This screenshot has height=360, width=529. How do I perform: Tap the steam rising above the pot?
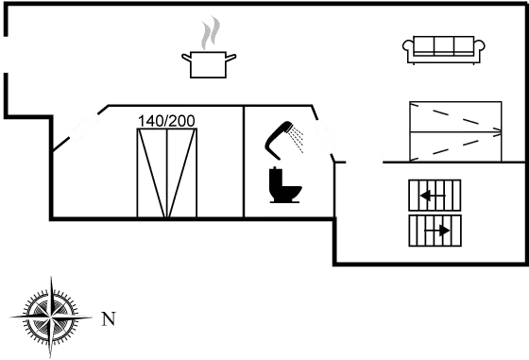tap(211, 32)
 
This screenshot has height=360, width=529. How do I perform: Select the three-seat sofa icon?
tap(444, 50)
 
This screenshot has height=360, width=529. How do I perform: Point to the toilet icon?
tap(284, 185)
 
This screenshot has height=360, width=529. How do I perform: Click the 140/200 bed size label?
tap(166, 121)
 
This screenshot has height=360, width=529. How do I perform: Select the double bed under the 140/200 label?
tap(167, 173)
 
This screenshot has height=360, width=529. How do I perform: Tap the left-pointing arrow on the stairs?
tap(433, 196)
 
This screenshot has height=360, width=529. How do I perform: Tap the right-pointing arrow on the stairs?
tap(436, 231)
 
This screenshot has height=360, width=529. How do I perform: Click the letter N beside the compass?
tap(109, 318)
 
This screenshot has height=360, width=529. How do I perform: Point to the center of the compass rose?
tap(51, 317)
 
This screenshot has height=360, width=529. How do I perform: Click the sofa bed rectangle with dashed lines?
tap(455, 131)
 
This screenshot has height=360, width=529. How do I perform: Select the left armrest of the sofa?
tap(408, 46)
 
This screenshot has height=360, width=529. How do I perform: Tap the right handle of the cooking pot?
tap(230, 58)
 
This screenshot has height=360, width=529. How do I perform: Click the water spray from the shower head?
tap(297, 139)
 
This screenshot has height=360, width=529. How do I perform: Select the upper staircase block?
tap(435, 196)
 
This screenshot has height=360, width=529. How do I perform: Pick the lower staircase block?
tap(435, 231)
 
